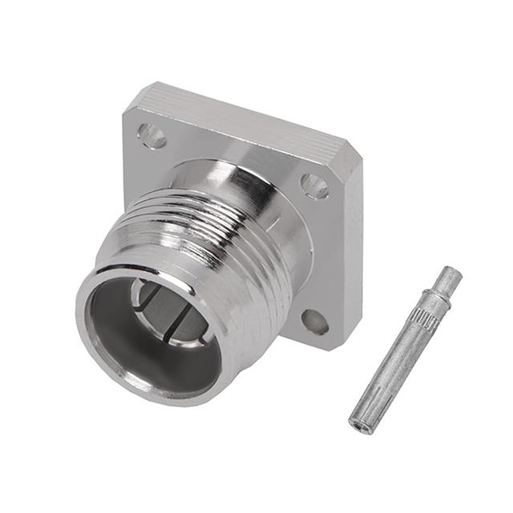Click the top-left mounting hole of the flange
pos(151,135)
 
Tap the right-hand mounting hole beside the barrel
pos(314,186)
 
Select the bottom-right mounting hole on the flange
pos(315,322)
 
